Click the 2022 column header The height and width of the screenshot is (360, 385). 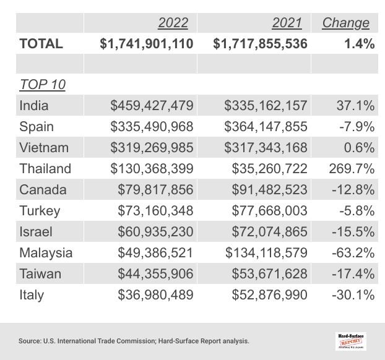(173, 23)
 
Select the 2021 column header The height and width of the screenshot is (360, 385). (287, 23)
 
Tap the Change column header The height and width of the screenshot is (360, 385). (345, 23)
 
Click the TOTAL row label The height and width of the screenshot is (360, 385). (41, 44)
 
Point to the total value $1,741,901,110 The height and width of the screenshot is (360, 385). (147, 44)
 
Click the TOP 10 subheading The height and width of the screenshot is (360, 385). (42, 85)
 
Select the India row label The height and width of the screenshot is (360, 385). (33, 106)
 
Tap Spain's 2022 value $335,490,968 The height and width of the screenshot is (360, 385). (152, 127)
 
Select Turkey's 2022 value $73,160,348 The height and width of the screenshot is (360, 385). (155, 210)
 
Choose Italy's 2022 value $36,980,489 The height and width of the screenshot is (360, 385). (155, 294)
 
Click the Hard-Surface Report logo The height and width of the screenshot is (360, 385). (351, 340)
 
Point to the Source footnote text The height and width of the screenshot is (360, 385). (134, 341)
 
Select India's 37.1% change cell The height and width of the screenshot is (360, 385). (355, 106)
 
